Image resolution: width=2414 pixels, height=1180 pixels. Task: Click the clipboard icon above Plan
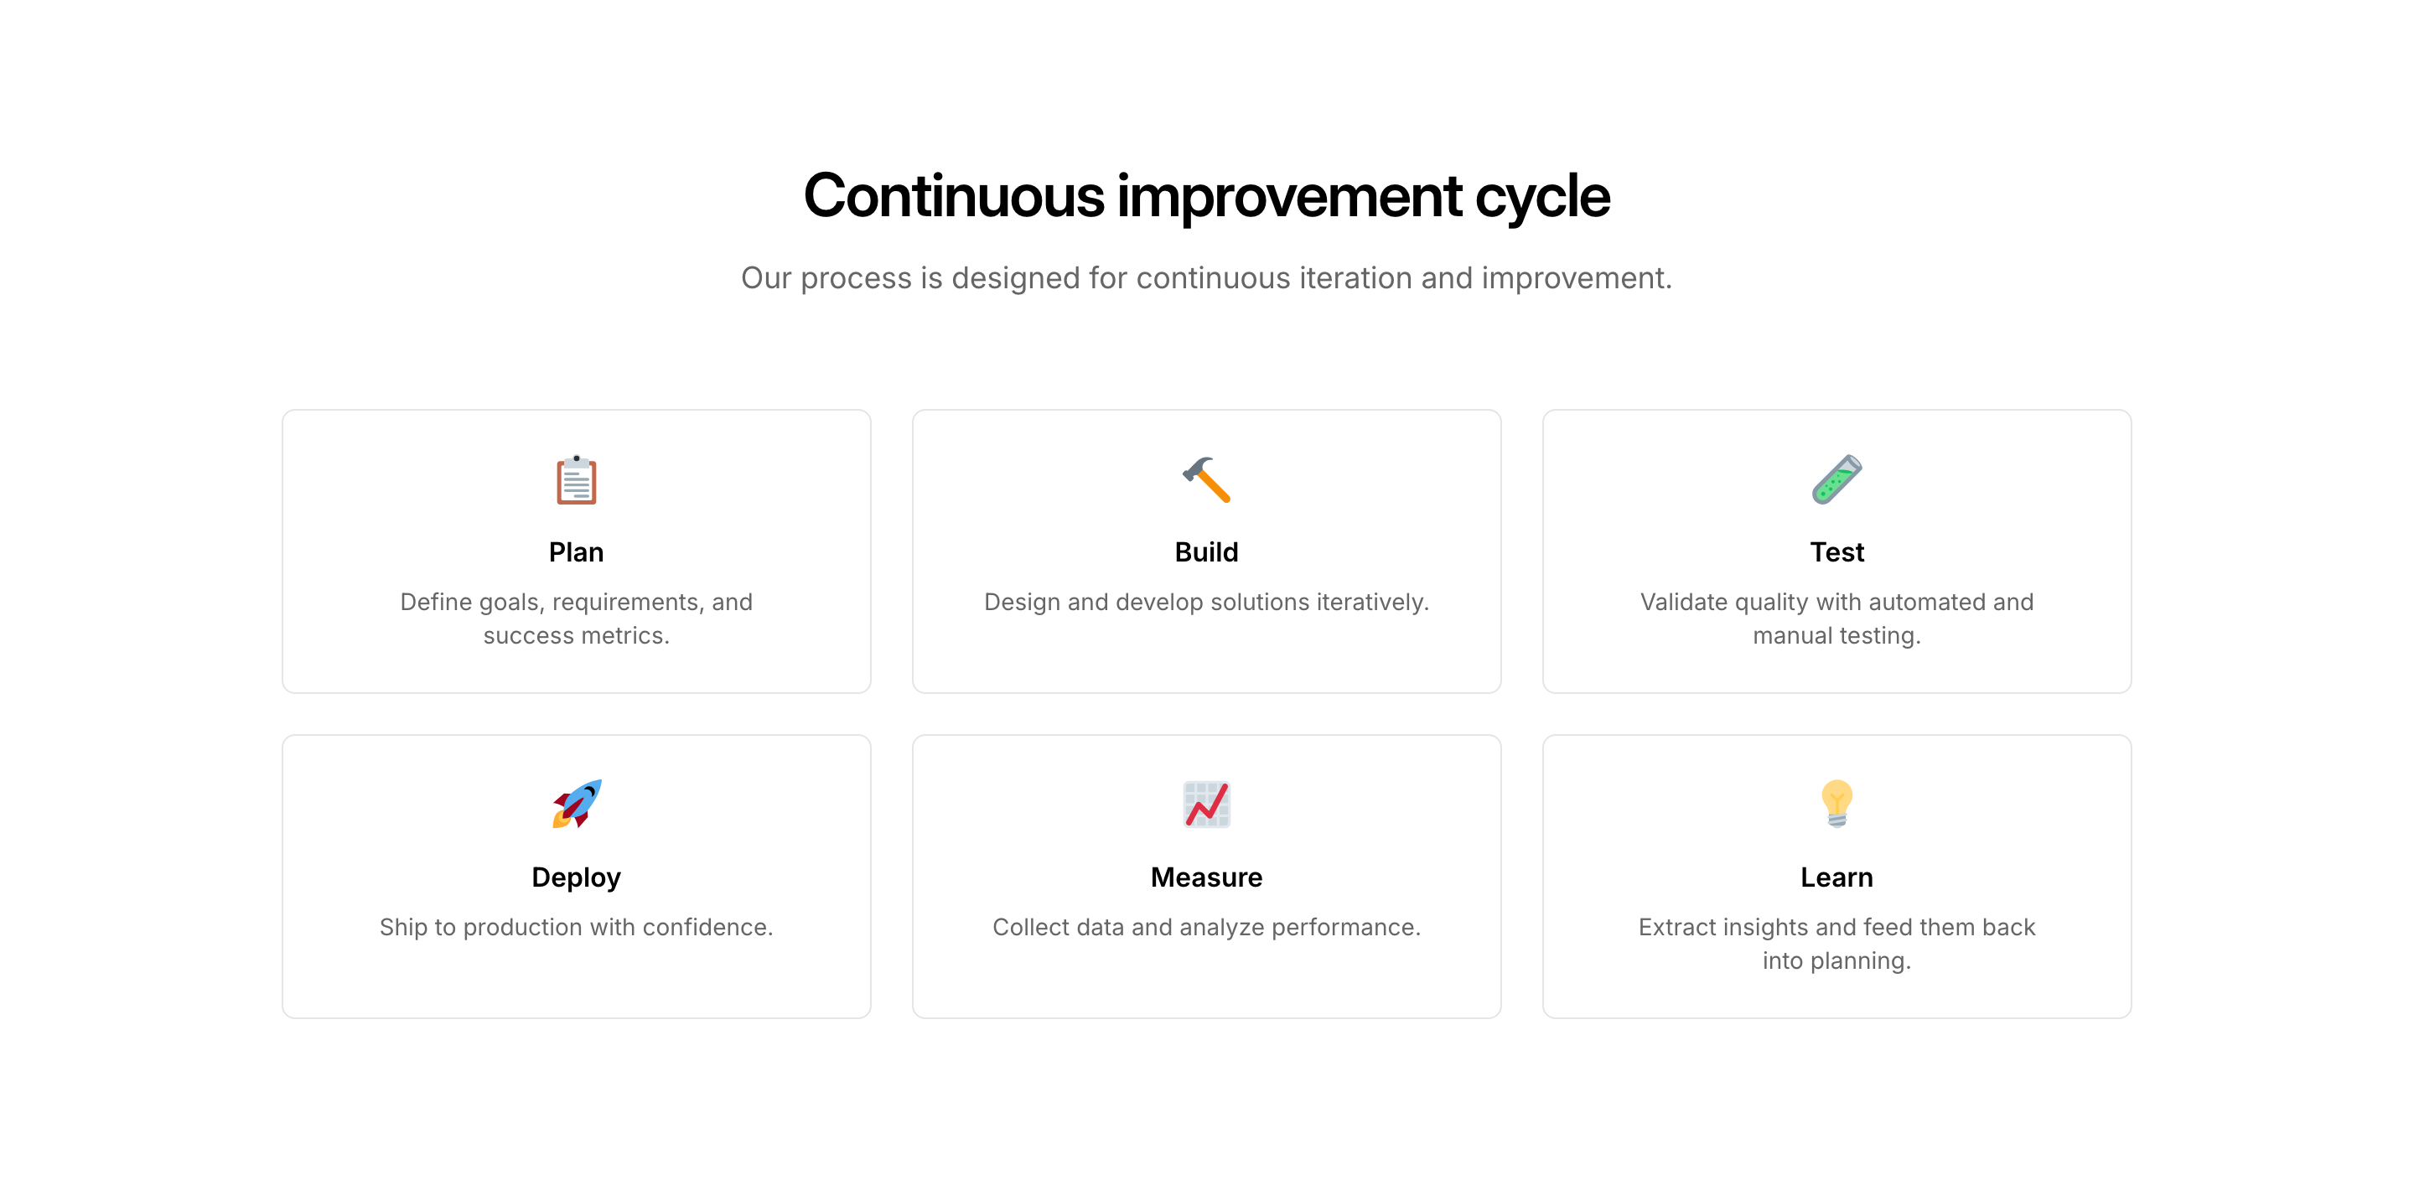coord(577,480)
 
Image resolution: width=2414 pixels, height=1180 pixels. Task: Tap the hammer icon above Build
coord(1206,480)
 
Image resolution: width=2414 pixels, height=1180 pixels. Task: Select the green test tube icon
coord(1836,480)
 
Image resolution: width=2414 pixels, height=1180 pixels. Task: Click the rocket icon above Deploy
coord(577,805)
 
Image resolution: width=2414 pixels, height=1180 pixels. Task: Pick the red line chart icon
coord(1206,805)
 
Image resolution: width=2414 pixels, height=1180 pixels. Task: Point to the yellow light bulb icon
coord(1836,805)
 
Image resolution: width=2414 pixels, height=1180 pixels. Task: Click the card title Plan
coord(577,552)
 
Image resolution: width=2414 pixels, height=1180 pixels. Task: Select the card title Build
coord(1206,552)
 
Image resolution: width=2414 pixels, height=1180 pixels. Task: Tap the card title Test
coord(1836,552)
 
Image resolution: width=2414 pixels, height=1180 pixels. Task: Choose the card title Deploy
coord(577,878)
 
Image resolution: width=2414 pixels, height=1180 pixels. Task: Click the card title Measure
coord(1206,877)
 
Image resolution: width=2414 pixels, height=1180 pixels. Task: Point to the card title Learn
coord(1836,877)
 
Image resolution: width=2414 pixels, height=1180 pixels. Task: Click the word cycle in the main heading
coord(1542,197)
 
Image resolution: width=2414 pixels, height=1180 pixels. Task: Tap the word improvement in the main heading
coord(1289,198)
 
